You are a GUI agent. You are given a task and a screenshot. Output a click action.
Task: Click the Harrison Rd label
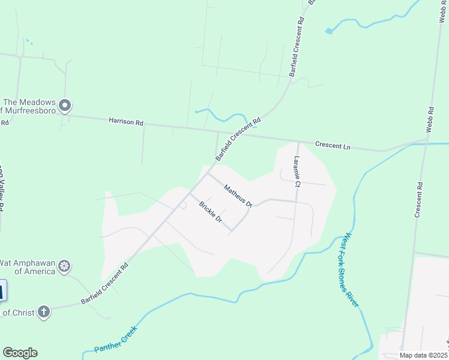point(126,122)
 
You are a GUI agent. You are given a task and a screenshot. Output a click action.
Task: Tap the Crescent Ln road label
point(333,145)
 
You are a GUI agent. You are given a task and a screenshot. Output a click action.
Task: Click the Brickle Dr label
point(211,212)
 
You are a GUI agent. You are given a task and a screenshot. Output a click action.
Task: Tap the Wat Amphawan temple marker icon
point(65,265)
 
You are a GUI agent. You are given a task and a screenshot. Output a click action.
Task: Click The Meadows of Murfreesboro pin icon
point(66,106)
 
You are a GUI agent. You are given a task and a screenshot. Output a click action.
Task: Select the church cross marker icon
point(43,311)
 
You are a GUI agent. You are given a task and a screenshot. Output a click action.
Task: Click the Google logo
point(20,353)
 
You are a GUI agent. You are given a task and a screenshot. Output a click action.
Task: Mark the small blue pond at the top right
point(328,31)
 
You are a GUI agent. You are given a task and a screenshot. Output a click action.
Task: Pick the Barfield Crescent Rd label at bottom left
point(106,283)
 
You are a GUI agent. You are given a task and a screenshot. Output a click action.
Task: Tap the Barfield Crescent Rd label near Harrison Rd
point(238,138)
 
